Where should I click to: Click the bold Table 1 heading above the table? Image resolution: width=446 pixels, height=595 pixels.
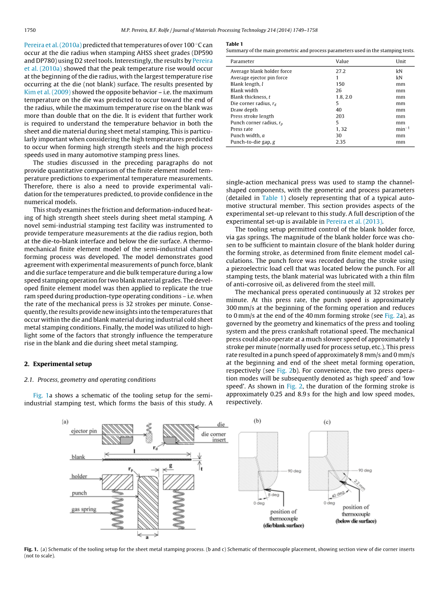[235, 44]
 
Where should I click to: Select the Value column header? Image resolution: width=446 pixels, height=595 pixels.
[342, 61]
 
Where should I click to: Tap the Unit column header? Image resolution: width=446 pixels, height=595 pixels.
[401, 61]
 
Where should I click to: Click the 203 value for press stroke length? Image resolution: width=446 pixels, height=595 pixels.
[340, 116]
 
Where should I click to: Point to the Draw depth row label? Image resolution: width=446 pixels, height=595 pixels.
[244, 110]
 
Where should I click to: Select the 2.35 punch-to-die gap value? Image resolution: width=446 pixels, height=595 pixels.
[341, 142]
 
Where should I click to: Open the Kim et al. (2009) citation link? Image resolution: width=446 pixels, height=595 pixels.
[48, 91]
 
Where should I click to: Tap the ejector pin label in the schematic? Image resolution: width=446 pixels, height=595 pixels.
[84, 431]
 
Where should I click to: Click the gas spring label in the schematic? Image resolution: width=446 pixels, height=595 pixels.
[84, 509]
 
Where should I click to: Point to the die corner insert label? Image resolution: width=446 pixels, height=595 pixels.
[213, 437]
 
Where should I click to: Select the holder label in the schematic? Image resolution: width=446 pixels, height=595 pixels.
[79, 476]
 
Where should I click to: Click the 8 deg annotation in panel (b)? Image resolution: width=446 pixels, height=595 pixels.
[274, 494]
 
